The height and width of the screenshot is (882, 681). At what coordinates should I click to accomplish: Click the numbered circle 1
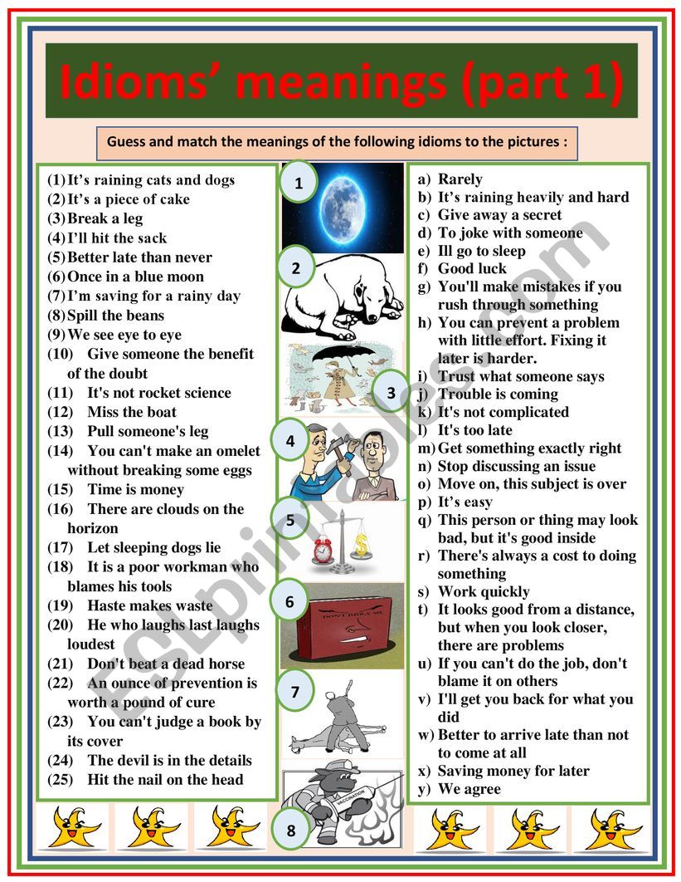(x=299, y=184)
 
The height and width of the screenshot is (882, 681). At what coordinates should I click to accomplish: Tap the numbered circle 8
(x=290, y=830)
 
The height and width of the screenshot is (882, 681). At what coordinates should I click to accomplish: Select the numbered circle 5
(x=290, y=522)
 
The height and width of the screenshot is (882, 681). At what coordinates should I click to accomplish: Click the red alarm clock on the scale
(x=323, y=549)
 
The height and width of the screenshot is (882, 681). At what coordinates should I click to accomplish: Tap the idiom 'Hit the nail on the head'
(x=165, y=779)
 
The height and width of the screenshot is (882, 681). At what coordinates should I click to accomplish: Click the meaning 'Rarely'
(x=460, y=179)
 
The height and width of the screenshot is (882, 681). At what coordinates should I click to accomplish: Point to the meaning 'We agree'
(x=469, y=789)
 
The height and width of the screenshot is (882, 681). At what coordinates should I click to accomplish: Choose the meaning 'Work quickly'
(x=483, y=591)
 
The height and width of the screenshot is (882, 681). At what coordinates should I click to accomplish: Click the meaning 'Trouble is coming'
(x=498, y=394)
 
